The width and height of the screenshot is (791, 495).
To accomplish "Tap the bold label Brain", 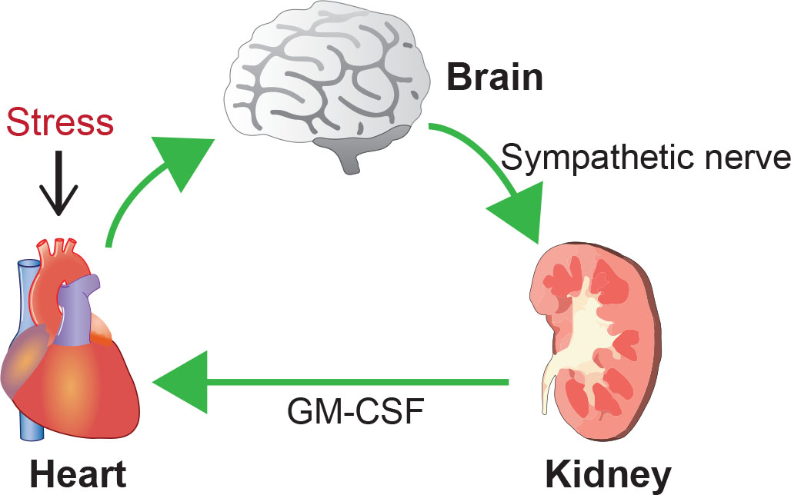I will point(495,78).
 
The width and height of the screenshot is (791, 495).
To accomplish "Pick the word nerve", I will point(745,160).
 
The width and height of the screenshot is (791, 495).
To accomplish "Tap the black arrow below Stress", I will point(59,184).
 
